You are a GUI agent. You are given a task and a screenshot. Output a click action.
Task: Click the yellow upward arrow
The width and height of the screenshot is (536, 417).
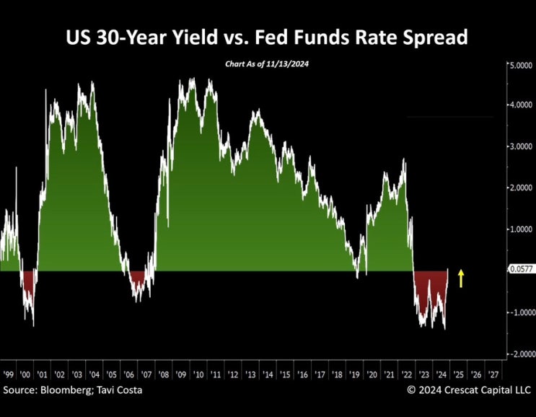tap(461, 278)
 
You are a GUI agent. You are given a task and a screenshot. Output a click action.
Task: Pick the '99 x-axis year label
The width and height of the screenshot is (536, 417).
tap(9, 375)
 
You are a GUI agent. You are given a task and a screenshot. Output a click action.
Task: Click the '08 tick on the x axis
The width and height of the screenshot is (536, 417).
tap(164, 375)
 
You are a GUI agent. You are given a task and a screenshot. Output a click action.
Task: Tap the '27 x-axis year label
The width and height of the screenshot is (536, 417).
tap(493, 375)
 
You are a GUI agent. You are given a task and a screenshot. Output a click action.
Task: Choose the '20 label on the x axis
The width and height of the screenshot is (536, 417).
tap(372, 375)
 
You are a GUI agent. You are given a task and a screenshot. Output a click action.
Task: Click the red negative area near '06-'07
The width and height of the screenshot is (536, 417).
tap(138, 280)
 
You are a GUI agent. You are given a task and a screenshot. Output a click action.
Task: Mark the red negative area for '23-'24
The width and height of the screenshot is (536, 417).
tap(430, 289)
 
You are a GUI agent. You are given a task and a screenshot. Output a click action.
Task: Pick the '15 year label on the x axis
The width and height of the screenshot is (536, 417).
tap(285, 375)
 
